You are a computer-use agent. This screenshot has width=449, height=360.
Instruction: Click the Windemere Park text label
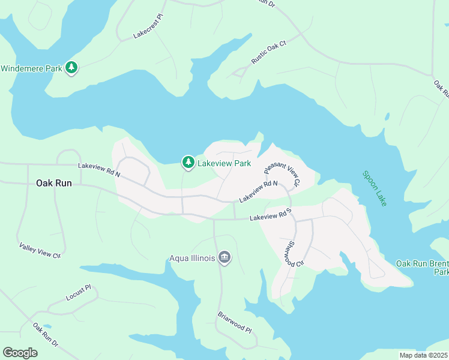[x=31, y=68]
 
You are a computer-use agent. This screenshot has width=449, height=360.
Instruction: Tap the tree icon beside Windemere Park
[x=72, y=68]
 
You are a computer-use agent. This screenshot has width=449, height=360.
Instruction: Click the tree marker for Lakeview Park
[x=188, y=163]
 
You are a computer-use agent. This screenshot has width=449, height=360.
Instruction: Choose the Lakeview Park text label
[x=224, y=163]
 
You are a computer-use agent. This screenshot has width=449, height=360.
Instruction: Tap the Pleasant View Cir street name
[x=282, y=174]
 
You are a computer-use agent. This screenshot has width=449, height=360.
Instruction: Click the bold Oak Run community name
[x=54, y=183]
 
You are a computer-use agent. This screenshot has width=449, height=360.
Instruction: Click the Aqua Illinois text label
[x=191, y=259]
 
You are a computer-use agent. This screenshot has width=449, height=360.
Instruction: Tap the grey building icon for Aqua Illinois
[x=225, y=258]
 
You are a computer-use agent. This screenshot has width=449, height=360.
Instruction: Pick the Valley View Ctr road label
[x=40, y=251]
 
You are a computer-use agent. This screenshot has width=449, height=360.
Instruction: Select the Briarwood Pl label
[x=234, y=322]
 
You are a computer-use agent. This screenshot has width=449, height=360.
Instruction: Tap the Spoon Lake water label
[x=375, y=188]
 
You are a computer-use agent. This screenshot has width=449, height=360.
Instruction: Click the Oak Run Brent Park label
[x=422, y=268]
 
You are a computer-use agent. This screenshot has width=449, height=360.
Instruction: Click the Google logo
[x=20, y=352]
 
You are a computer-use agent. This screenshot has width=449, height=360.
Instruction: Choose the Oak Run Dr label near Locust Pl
[x=46, y=335]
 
